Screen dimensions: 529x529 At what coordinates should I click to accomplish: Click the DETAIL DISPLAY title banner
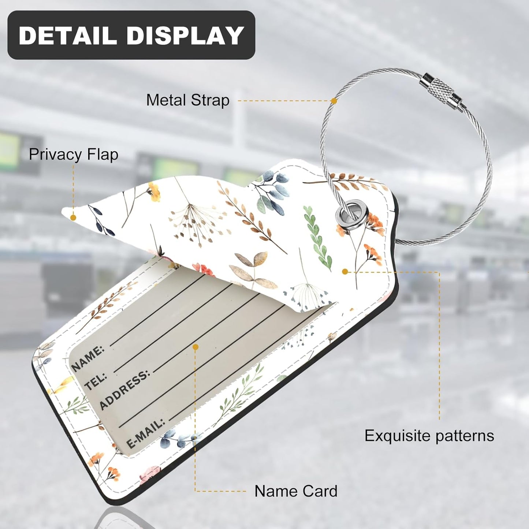point(131,35)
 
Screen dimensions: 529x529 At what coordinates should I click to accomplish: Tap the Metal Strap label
point(188,100)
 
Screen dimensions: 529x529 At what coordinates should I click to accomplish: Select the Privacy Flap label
point(73,154)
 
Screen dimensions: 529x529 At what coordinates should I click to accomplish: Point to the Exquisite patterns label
point(429,436)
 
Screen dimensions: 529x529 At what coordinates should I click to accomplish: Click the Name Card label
point(296,491)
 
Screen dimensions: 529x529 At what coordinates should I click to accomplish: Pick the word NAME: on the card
point(88,358)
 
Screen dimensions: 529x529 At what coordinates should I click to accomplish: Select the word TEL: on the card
point(96,381)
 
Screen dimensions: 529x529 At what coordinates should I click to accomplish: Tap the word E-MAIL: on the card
point(145,433)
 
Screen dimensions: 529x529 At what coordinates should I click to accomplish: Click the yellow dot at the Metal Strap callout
point(334,101)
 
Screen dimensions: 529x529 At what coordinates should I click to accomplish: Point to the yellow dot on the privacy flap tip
point(73,217)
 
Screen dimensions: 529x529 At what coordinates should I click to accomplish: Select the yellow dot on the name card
point(195,346)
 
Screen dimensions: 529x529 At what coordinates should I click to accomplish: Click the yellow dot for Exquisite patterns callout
point(344,272)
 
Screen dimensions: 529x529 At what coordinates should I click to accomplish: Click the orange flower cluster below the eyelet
point(373,253)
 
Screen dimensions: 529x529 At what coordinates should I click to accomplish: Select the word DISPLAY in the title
point(185,36)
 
